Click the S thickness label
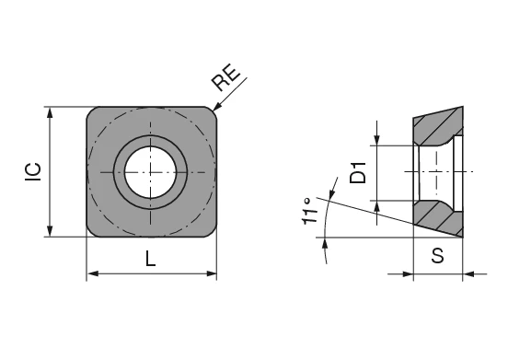[438, 258]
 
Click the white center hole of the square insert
[151, 171]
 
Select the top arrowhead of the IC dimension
[51, 112]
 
